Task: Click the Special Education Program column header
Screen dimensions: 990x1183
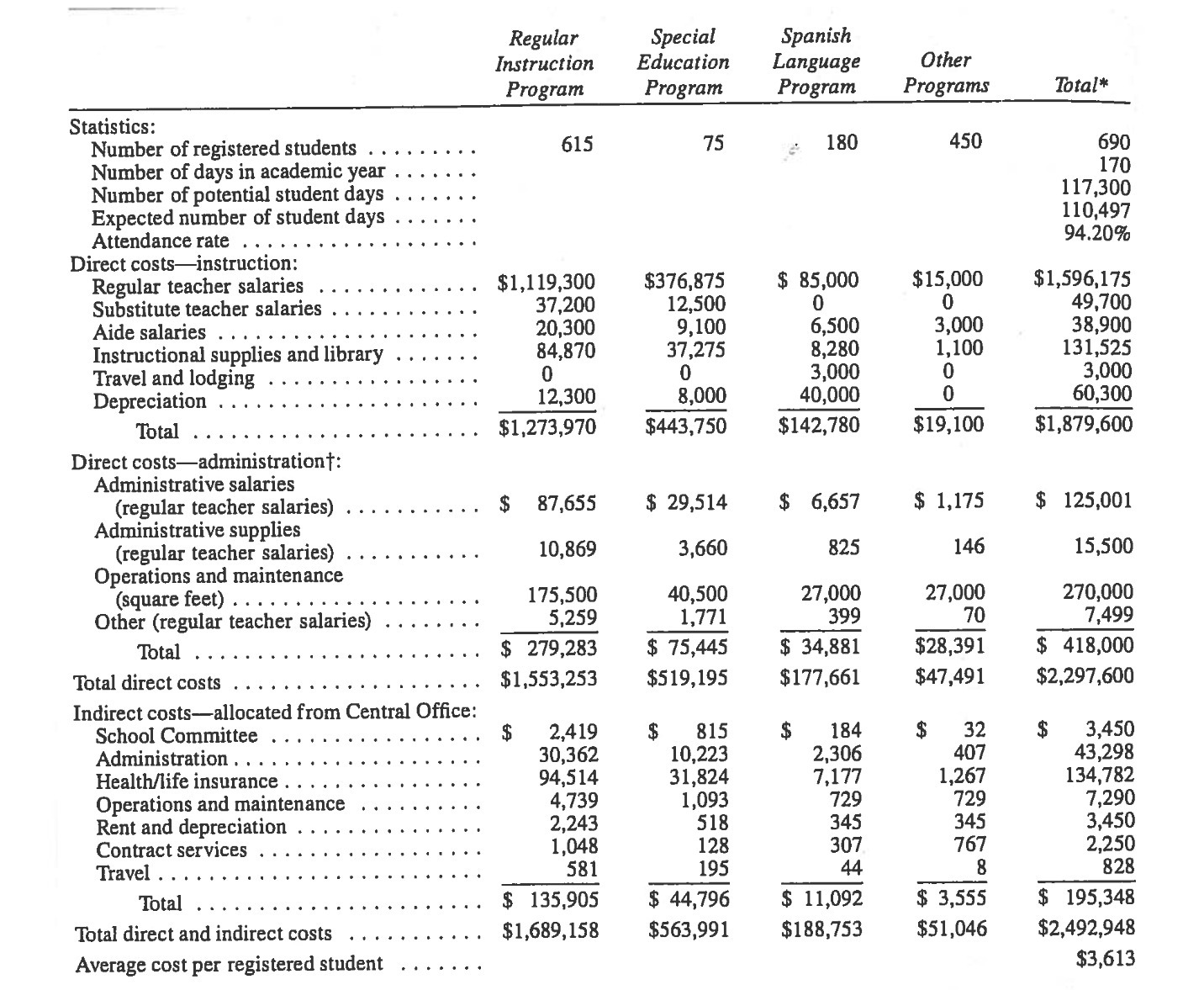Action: pyautogui.click(x=682, y=62)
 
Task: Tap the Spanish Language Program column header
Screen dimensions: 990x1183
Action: pyautogui.click(x=816, y=61)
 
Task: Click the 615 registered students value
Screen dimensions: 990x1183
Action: pyautogui.click(x=577, y=144)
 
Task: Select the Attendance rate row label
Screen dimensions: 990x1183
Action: pyautogui.click(x=160, y=241)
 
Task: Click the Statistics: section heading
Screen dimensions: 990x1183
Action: pyautogui.click(x=112, y=126)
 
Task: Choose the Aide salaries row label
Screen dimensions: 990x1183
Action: pyautogui.click(x=149, y=333)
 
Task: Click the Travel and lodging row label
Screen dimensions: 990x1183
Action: pyautogui.click(x=173, y=379)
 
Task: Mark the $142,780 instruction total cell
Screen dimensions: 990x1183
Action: pyautogui.click(x=819, y=426)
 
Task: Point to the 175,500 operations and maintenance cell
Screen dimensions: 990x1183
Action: pyautogui.click(x=562, y=596)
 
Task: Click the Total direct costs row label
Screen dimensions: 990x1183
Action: pyautogui.click(x=147, y=683)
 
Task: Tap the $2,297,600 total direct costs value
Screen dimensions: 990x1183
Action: pyautogui.click(x=1085, y=676)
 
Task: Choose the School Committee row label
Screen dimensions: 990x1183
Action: pyautogui.click(x=177, y=736)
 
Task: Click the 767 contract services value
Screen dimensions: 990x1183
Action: pyautogui.click(x=969, y=844)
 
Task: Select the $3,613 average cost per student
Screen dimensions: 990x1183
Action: pyautogui.click(x=1105, y=958)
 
